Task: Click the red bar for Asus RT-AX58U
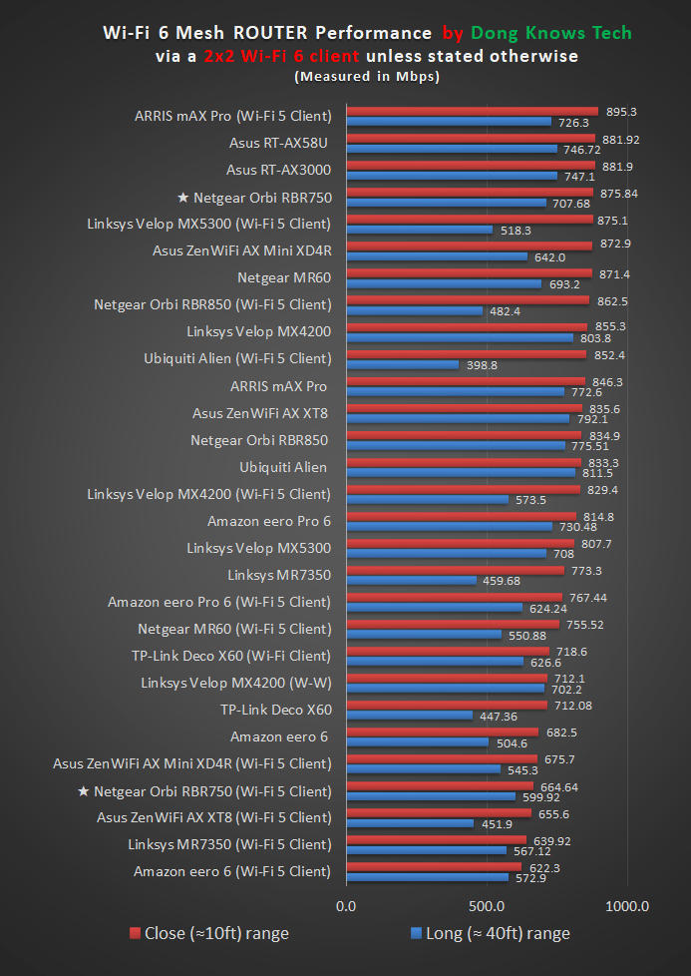click(470, 139)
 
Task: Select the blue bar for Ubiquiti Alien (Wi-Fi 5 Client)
click(402, 365)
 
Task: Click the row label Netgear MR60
click(284, 276)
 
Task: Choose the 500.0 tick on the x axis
click(487, 906)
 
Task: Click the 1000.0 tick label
click(627, 906)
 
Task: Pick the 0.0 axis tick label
click(346, 906)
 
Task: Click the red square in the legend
click(135, 933)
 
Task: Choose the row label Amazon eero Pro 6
click(269, 521)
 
